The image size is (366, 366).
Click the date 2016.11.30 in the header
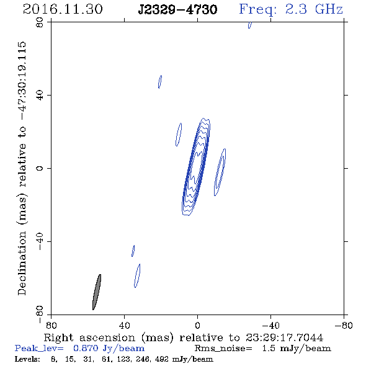click(63, 9)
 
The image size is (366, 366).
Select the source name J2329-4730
click(177, 10)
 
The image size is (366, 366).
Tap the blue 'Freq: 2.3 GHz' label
click(291, 9)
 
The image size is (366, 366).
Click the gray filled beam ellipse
click(97, 292)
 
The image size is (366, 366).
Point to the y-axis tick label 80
click(40, 22)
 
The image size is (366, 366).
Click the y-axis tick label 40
click(40, 96)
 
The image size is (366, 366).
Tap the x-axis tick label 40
click(124, 326)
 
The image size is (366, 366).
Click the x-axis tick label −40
click(270, 326)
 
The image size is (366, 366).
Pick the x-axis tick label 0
click(197, 326)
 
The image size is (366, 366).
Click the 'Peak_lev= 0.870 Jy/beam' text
click(79, 349)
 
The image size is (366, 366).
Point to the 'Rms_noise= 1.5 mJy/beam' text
click(263, 349)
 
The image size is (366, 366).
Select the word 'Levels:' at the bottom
click(27, 359)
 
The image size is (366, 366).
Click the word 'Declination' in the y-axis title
click(22, 263)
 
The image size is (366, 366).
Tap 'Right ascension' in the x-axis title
click(89, 337)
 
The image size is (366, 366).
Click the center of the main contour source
click(196, 167)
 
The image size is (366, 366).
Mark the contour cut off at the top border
click(250, 25)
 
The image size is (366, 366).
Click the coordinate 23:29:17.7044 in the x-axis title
click(284, 337)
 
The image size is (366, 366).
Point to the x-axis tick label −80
click(344, 326)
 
